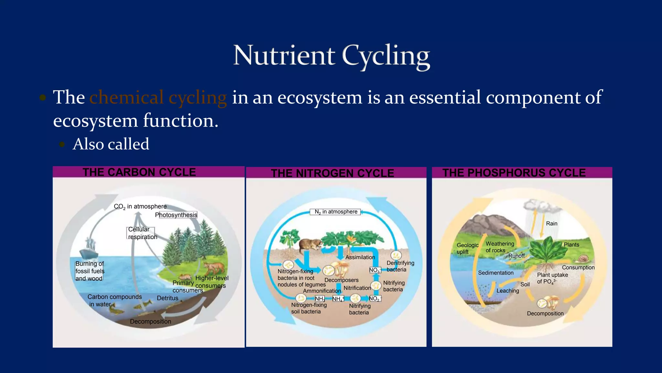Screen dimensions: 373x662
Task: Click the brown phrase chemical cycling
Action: point(158,97)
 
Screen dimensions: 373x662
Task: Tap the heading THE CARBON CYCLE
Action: point(139,172)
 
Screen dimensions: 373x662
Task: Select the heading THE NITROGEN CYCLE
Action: point(332,173)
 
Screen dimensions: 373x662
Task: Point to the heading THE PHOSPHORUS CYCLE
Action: point(514,173)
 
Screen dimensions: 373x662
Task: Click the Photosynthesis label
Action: point(176,215)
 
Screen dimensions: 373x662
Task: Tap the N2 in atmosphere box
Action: point(336,212)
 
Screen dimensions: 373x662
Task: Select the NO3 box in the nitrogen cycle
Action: point(375,270)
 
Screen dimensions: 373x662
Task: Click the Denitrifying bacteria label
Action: point(400,266)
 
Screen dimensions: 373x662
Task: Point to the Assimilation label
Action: point(360,257)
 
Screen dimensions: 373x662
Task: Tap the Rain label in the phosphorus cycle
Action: point(551,224)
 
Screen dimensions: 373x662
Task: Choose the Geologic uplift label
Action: point(467,248)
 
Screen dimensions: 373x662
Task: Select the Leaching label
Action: point(507,291)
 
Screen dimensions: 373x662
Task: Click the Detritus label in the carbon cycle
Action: point(167,298)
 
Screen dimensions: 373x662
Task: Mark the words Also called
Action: point(111,144)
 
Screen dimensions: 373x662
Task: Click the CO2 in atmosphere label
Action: point(140,207)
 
